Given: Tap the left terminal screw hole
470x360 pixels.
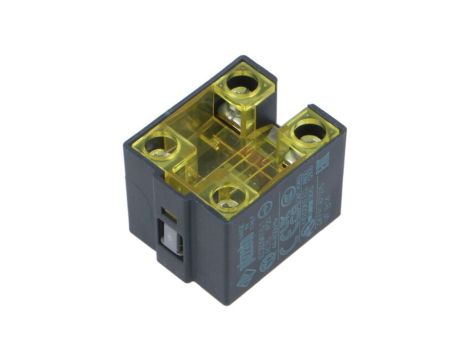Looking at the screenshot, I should (x=158, y=149).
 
